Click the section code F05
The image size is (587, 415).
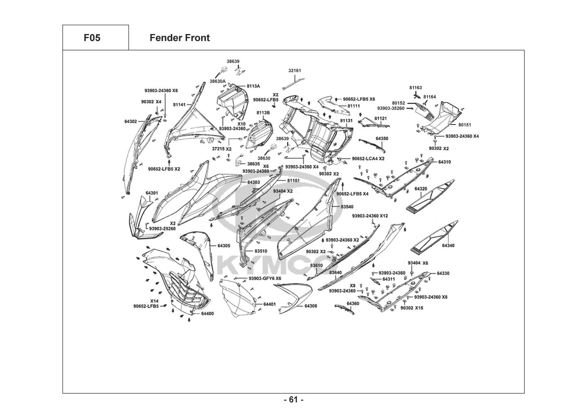(x=92, y=38)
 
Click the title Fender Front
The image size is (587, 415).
(x=180, y=38)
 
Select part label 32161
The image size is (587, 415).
(x=295, y=71)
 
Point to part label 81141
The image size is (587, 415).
(x=179, y=105)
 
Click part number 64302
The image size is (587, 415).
(x=131, y=121)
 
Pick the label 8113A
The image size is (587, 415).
(x=253, y=86)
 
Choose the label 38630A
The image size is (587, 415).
(x=217, y=81)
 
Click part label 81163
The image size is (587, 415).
(x=416, y=88)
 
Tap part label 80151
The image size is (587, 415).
(x=465, y=125)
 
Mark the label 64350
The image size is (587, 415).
(x=382, y=139)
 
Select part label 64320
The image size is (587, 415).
(x=421, y=189)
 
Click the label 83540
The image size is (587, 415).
(x=347, y=207)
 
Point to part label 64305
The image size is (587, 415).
(x=224, y=246)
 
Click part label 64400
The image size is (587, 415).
(x=207, y=314)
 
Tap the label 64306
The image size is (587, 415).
(x=311, y=306)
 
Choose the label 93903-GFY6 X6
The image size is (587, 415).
(x=265, y=278)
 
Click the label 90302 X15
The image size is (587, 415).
(x=412, y=308)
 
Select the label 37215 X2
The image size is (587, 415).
(x=222, y=149)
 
